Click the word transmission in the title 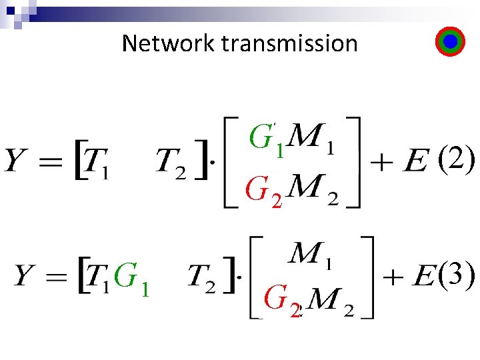click(289, 43)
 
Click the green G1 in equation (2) click(267, 139)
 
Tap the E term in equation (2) click(415, 162)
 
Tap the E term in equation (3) click(425, 277)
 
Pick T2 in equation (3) click(202, 278)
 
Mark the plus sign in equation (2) click(383, 163)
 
